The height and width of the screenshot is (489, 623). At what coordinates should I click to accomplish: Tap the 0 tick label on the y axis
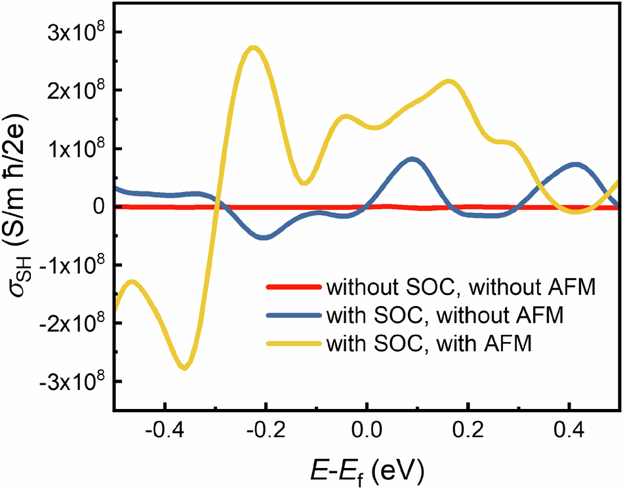tap(98, 206)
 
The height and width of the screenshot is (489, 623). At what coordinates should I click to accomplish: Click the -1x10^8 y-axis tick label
tap(70, 264)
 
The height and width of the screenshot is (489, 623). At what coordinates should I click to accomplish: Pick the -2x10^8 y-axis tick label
tap(70, 323)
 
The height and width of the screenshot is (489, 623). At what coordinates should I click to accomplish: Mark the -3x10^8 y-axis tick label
tap(70, 381)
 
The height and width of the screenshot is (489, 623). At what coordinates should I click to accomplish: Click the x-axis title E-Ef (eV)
tap(367, 469)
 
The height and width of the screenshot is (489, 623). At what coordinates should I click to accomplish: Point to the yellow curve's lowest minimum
tap(186, 367)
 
